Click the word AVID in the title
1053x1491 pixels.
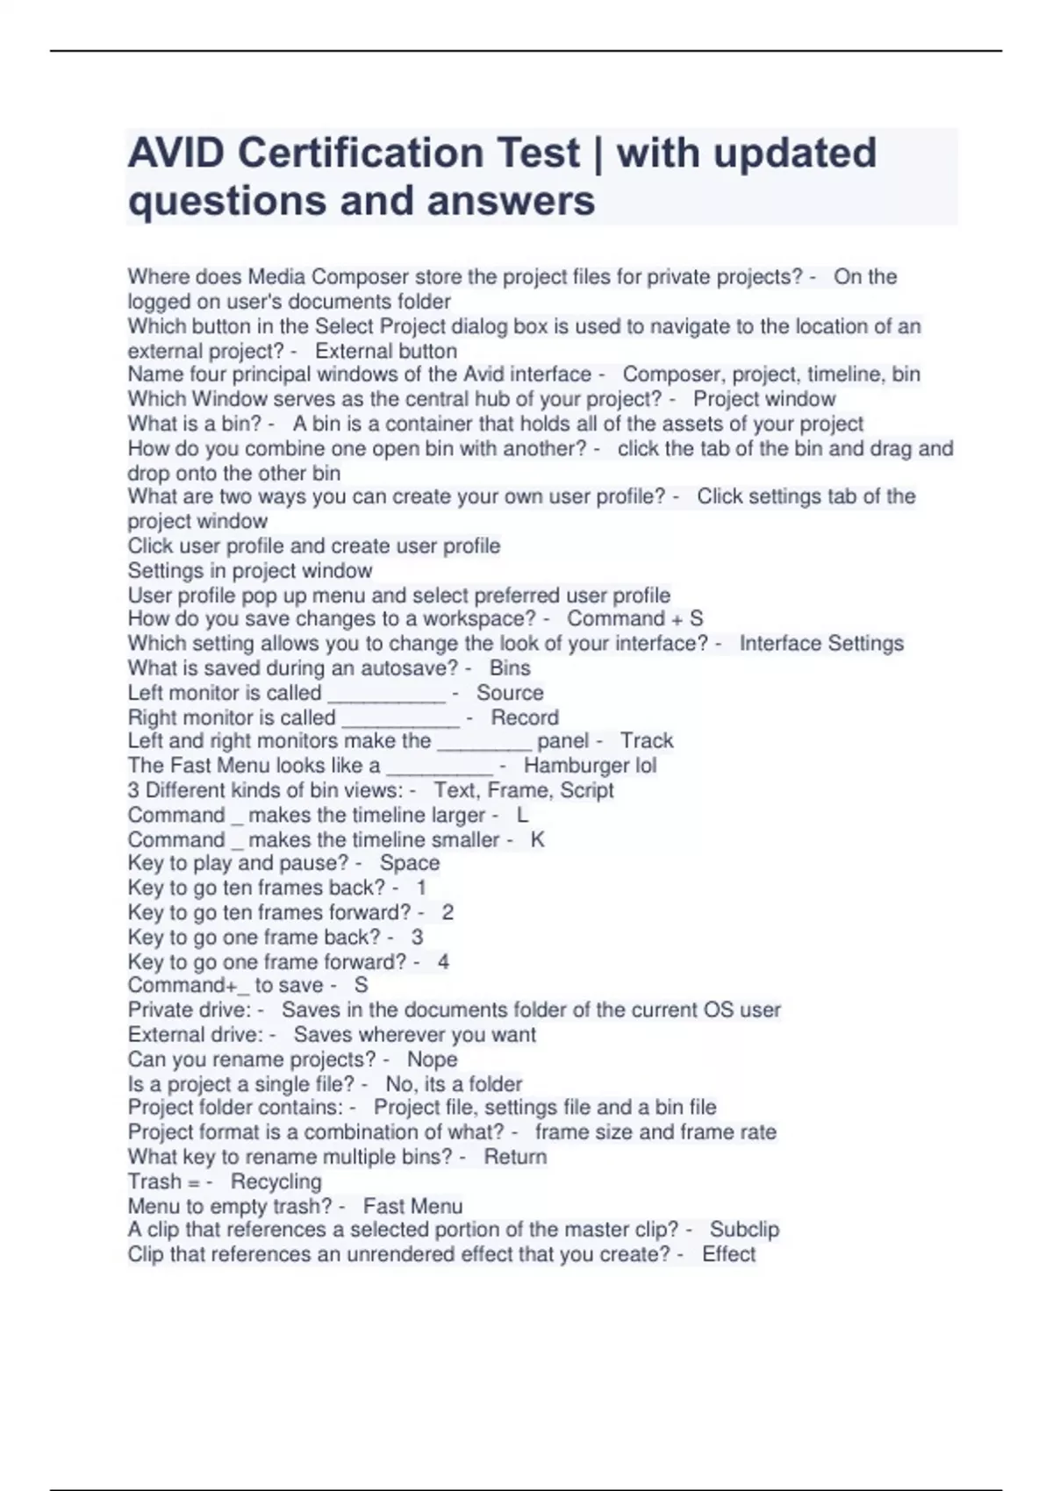click(x=176, y=153)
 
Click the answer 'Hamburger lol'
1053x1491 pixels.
click(x=590, y=766)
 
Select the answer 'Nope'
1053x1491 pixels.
click(x=432, y=1059)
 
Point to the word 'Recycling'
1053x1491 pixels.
click(x=276, y=1181)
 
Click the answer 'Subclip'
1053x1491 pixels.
click(x=744, y=1230)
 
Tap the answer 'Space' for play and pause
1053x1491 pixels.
click(x=410, y=863)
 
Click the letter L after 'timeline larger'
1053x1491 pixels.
click(x=522, y=815)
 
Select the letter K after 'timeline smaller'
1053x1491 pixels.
click(x=537, y=839)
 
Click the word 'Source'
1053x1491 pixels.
click(x=510, y=693)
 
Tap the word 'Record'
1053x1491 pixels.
click(x=525, y=717)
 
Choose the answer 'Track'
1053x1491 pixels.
click(x=647, y=741)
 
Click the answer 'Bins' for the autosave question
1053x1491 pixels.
click(x=510, y=668)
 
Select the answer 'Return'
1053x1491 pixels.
click(x=515, y=1157)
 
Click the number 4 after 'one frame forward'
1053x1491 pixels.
click(x=443, y=962)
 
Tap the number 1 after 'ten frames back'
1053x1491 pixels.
click(x=421, y=888)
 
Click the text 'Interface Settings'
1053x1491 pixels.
click(x=821, y=644)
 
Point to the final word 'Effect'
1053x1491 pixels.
click(x=728, y=1254)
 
